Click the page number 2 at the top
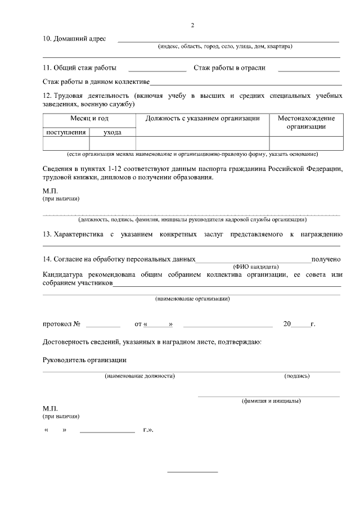192,26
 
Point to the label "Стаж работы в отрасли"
229,68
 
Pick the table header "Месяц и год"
89,118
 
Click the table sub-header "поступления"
66,132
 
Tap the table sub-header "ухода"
112,132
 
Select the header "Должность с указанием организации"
202,118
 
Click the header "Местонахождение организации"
307,122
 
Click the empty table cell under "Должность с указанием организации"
202,143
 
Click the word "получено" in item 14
326,259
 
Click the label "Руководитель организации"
84,359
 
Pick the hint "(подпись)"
297,376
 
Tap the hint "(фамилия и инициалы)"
271,401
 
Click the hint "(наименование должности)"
139,376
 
